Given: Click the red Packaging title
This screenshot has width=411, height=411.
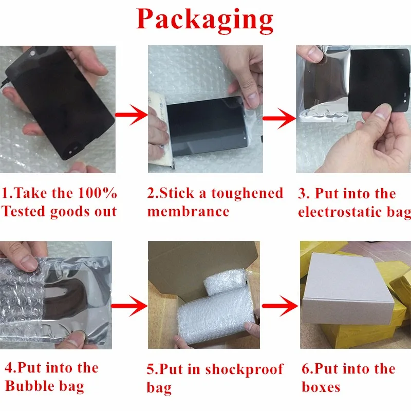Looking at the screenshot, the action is pyautogui.click(x=204, y=20).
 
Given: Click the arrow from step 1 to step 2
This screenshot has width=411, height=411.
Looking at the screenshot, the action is pyautogui.click(x=132, y=115).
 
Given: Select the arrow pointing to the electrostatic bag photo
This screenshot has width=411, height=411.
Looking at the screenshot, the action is pyautogui.click(x=279, y=119).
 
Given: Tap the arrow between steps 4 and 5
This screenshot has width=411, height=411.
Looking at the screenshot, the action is pyautogui.click(x=129, y=306).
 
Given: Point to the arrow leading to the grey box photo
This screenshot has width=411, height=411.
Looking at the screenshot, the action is pyautogui.click(x=280, y=306).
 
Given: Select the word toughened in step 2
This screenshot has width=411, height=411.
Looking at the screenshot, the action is pyautogui.click(x=247, y=194).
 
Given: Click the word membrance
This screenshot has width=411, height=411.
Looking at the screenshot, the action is pyautogui.click(x=188, y=211).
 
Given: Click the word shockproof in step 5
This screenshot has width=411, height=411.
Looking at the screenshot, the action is pyautogui.click(x=244, y=370).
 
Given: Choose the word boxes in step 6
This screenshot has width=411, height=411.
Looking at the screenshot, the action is pyautogui.click(x=321, y=387).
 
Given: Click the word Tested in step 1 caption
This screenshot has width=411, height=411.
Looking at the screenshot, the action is pyautogui.click(x=24, y=211).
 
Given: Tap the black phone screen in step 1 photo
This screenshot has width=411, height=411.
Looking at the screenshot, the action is pyautogui.click(x=59, y=102).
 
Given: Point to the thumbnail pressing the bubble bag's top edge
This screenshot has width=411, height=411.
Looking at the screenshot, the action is pyautogui.click(x=27, y=263).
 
